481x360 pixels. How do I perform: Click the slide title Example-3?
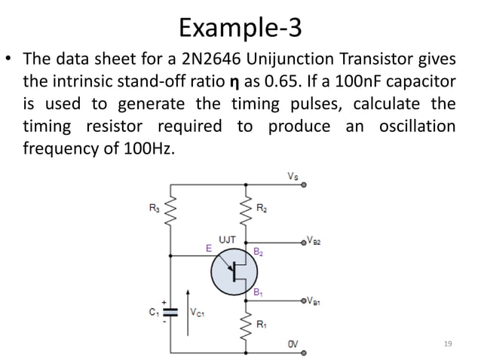point(240,28)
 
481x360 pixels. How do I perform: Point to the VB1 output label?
point(317,301)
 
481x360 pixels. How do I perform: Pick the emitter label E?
point(209,246)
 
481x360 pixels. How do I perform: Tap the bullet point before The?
point(13,59)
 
